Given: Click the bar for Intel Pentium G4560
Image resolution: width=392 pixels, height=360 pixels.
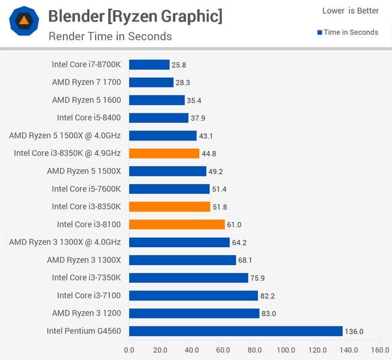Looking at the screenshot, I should pyautogui.click(x=235, y=331).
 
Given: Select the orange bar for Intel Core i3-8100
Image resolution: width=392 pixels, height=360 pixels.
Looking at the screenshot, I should pyautogui.click(x=176, y=224).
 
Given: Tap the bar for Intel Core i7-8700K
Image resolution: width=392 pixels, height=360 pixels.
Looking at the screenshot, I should pyautogui.click(x=149, y=64).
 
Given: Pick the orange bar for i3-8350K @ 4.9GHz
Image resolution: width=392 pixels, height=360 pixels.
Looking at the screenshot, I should pyautogui.click(x=164, y=153).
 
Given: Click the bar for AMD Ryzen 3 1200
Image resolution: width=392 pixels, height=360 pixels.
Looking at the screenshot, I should pyautogui.click(x=194, y=313).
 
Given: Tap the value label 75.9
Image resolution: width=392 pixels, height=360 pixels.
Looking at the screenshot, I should pyautogui.click(x=259, y=278).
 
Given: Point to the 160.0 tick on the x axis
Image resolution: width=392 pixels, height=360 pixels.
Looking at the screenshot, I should pyautogui.click(x=379, y=349).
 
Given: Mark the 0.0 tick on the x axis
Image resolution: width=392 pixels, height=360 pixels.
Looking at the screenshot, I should pyautogui.click(x=129, y=349).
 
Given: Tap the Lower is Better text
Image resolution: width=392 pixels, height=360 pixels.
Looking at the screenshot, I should pyautogui.click(x=350, y=11).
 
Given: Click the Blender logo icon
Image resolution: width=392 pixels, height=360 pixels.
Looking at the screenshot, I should pyautogui.click(x=25, y=22).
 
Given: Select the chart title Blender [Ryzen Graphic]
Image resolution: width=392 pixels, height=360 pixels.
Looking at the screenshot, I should pyautogui.click(x=134, y=16).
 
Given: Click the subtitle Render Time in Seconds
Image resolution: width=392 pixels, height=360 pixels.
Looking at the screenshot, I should pyautogui.click(x=110, y=36).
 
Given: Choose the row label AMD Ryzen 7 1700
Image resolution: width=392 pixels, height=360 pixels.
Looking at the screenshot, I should pyautogui.click(x=86, y=82).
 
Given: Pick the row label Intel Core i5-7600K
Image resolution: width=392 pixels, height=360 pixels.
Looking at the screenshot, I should pyautogui.click(x=86, y=188).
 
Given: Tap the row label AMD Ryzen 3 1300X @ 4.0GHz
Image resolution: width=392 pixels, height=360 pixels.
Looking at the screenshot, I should pyautogui.click(x=65, y=242).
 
